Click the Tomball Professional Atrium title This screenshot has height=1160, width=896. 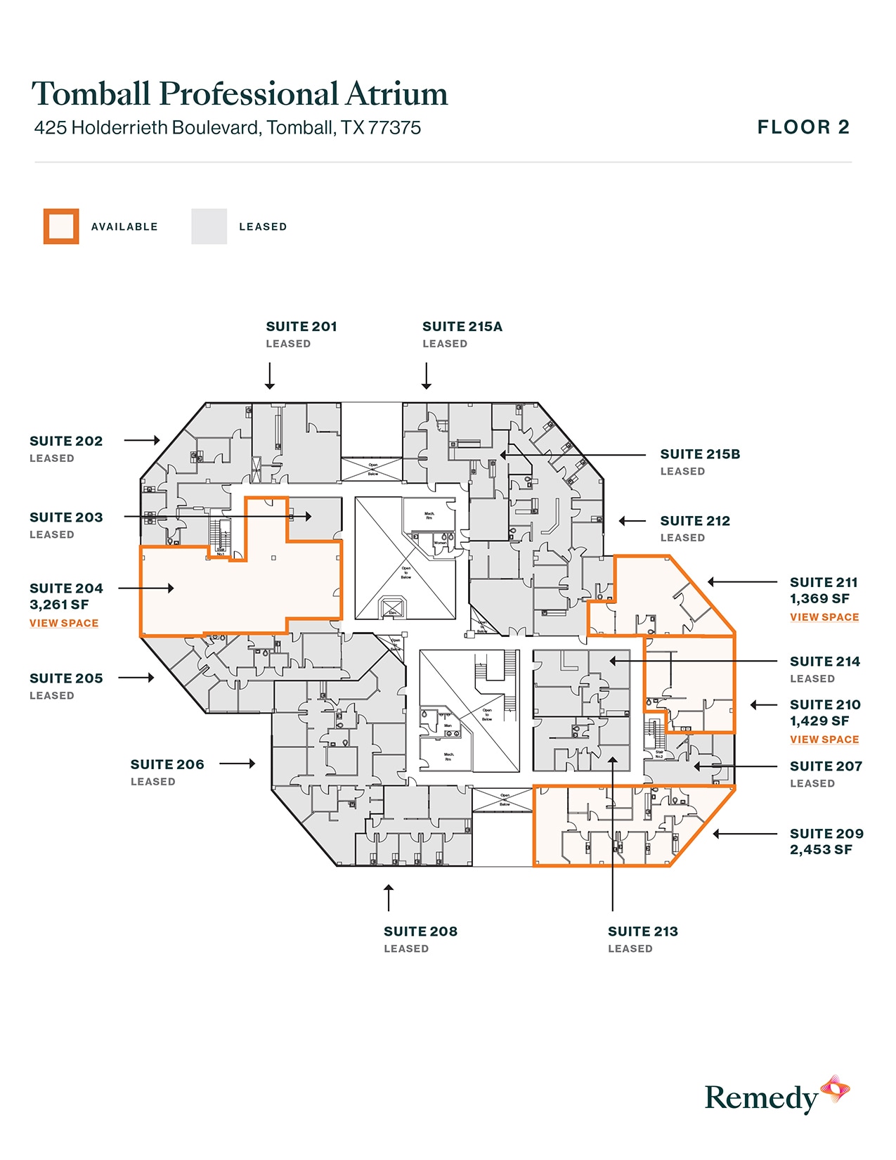[240, 94]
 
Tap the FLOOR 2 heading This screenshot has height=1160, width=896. [803, 127]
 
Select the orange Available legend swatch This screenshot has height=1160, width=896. [61, 226]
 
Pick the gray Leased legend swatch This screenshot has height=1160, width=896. [209, 226]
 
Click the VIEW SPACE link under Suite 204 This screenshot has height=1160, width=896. [64, 624]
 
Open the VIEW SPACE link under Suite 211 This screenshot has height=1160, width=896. [824, 617]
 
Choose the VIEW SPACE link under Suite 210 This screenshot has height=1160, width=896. [824, 740]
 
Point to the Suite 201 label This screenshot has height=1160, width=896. [301, 327]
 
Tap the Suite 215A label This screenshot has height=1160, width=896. [462, 327]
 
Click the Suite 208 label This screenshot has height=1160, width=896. [420, 932]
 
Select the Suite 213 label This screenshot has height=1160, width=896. [643, 932]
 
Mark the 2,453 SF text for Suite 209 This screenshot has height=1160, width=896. [821, 850]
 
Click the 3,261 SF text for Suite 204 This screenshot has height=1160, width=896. [59, 605]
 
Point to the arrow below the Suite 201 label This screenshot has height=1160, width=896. [270, 375]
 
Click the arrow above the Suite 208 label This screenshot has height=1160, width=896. [388, 898]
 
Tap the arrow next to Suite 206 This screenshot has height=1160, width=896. [238, 763]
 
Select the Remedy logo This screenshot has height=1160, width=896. [777, 1096]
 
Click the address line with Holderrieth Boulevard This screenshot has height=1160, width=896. [228, 128]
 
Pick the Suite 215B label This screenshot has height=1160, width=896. [700, 455]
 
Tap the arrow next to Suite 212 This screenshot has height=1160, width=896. [632, 521]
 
